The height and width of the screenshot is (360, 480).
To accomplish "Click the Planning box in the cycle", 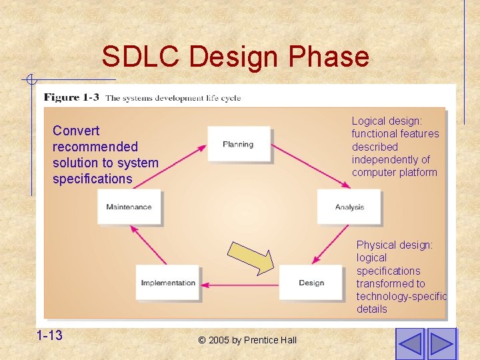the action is [x=238, y=144].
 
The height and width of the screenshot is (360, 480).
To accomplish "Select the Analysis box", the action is [x=349, y=207].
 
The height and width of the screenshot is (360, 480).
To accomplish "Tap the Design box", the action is [x=311, y=283].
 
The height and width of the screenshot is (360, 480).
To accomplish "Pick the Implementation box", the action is [x=168, y=283].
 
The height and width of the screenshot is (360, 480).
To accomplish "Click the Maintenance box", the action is [x=129, y=207].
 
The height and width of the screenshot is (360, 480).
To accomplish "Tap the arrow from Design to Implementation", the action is [x=239, y=285].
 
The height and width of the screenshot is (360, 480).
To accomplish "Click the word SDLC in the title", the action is [x=141, y=57].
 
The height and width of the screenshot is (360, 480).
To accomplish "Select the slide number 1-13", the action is [x=50, y=335].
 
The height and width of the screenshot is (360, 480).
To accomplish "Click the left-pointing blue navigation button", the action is [x=409, y=343].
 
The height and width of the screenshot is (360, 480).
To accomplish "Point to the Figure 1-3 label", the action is [x=71, y=97].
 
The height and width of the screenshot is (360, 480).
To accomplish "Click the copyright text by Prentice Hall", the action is [x=247, y=340].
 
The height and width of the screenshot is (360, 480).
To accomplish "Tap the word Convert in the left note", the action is [x=76, y=131].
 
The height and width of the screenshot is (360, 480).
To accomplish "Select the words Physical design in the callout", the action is [x=394, y=245].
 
